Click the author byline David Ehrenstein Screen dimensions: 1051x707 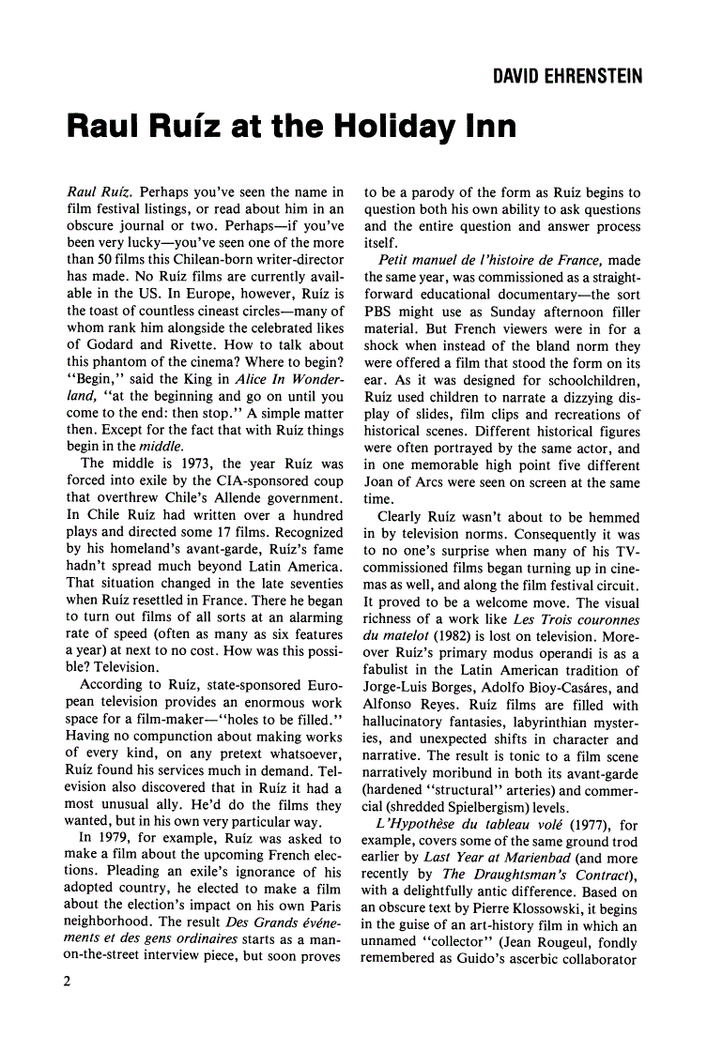568,76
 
